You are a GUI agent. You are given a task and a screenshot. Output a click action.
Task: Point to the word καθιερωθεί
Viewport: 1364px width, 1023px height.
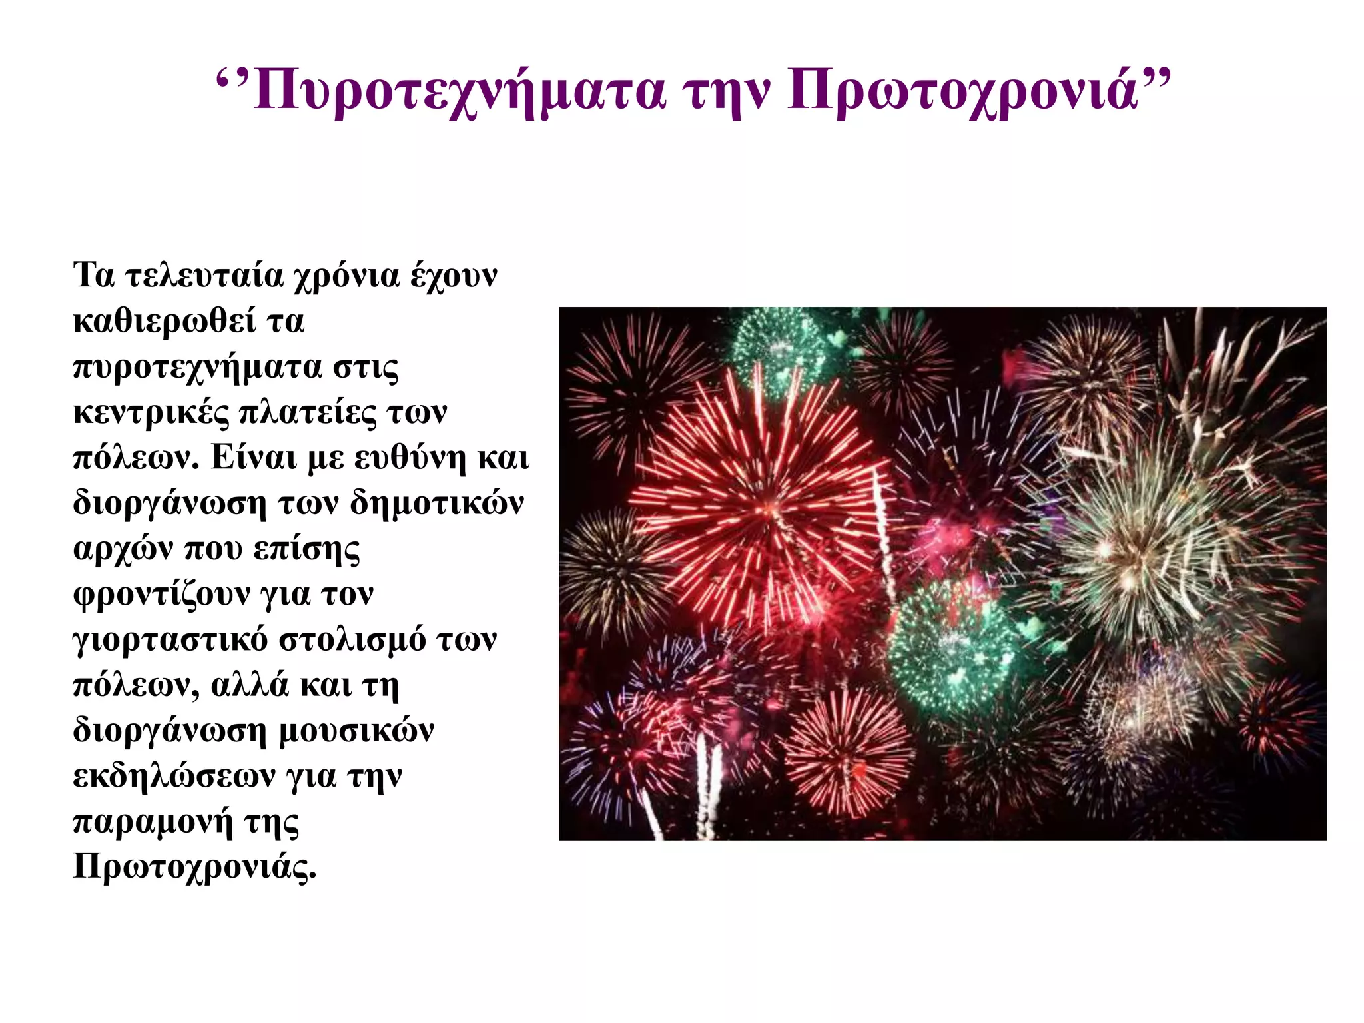(164, 321)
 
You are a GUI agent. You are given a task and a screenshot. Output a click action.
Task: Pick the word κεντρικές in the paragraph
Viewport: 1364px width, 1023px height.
(151, 412)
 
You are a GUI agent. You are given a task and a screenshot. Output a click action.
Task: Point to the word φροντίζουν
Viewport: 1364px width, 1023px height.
(159, 595)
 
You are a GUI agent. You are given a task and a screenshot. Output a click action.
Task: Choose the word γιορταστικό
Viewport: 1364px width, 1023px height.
(170, 641)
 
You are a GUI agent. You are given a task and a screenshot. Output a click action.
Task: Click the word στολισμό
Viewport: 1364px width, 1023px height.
(352, 639)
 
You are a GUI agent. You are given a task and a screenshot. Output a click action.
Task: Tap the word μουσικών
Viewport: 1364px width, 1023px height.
(356, 731)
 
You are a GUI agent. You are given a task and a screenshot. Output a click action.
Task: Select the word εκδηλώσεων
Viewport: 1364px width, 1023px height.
(174, 776)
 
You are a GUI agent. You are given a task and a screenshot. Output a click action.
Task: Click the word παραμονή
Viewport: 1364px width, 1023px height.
(153, 823)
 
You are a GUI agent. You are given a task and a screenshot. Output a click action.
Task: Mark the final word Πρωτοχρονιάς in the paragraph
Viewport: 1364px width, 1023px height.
(194, 867)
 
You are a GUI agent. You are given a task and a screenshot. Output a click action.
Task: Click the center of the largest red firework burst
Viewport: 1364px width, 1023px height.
(766, 506)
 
